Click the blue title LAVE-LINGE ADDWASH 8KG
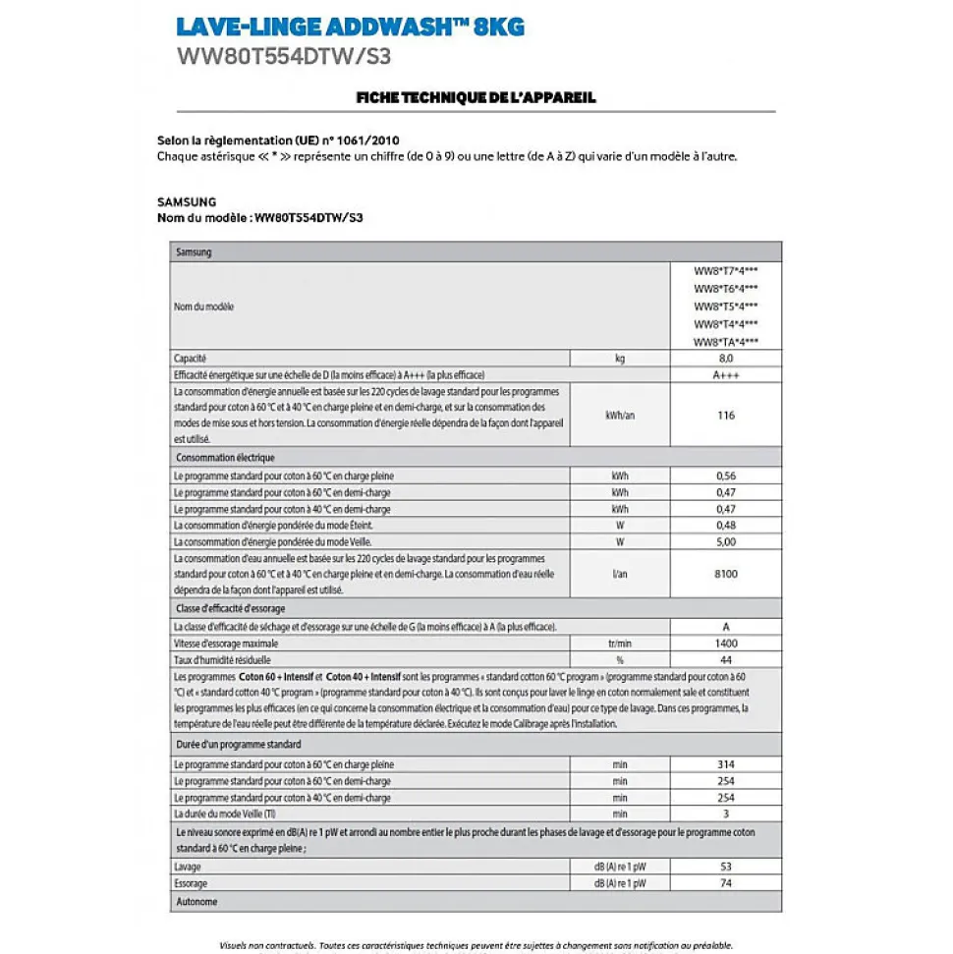(x=350, y=27)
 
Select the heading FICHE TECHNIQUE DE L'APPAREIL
(x=476, y=97)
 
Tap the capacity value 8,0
(x=725, y=359)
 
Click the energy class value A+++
(x=725, y=375)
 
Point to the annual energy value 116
(x=725, y=416)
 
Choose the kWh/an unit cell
(x=620, y=416)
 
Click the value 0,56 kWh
(x=725, y=476)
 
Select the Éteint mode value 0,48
(x=725, y=525)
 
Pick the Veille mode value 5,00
(x=725, y=541)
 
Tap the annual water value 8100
(x=725, y=574)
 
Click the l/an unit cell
(x=620, y=574)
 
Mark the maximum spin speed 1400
(x=725, y=644)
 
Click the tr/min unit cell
(x=620, y=644)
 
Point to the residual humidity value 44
(x=725, y=660)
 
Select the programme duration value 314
(x=725, y=764)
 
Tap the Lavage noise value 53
(x=725, y=868)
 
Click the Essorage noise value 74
(x=725, y=884)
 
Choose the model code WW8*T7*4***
(x=725, y=271)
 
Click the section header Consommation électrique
(x=225, y=458)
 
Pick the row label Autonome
(x=196, y=902)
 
